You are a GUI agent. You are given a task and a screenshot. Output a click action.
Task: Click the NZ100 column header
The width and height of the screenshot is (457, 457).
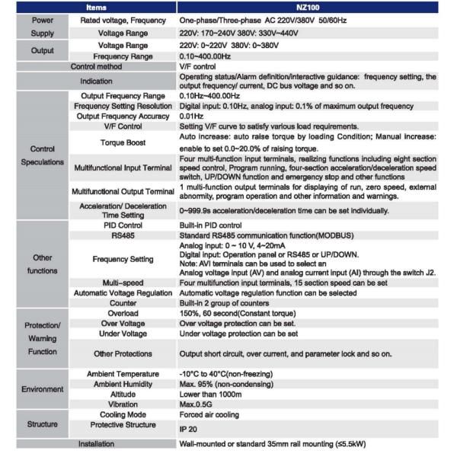314,8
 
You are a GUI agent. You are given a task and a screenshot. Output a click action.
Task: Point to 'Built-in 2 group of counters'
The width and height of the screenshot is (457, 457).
227,302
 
